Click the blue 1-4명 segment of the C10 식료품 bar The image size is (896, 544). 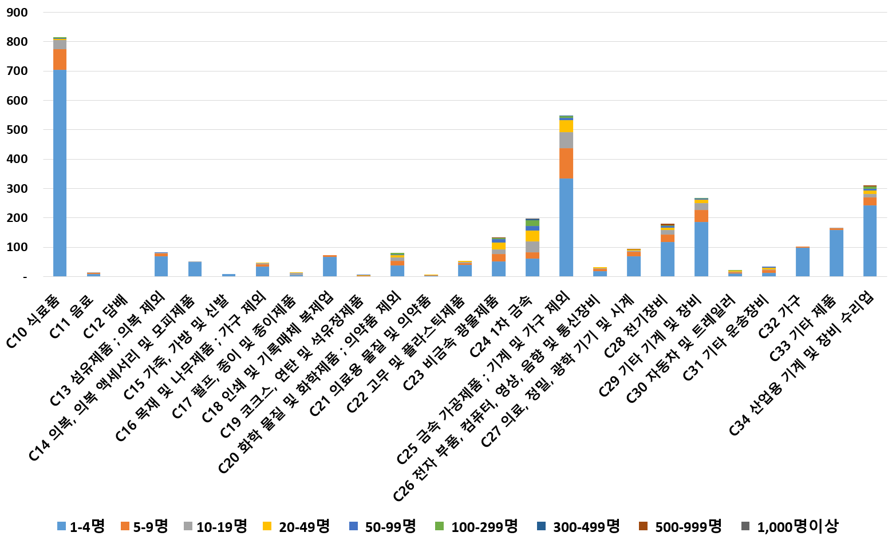(60, 172)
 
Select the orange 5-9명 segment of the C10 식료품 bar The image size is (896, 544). (60, 59)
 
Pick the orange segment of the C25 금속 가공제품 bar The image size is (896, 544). (566, 163)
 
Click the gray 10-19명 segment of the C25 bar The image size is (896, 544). (566, 140)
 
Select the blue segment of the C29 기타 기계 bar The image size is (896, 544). (701, 249)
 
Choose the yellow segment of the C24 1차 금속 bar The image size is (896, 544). (532, 236)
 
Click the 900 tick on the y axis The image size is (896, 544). (17, 13)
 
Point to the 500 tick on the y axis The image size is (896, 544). (17, 130)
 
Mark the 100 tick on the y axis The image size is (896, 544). (17, 248)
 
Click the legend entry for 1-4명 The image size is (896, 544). (81, 526)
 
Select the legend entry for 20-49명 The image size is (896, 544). (296, 526)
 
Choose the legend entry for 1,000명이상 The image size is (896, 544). (790, 526)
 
